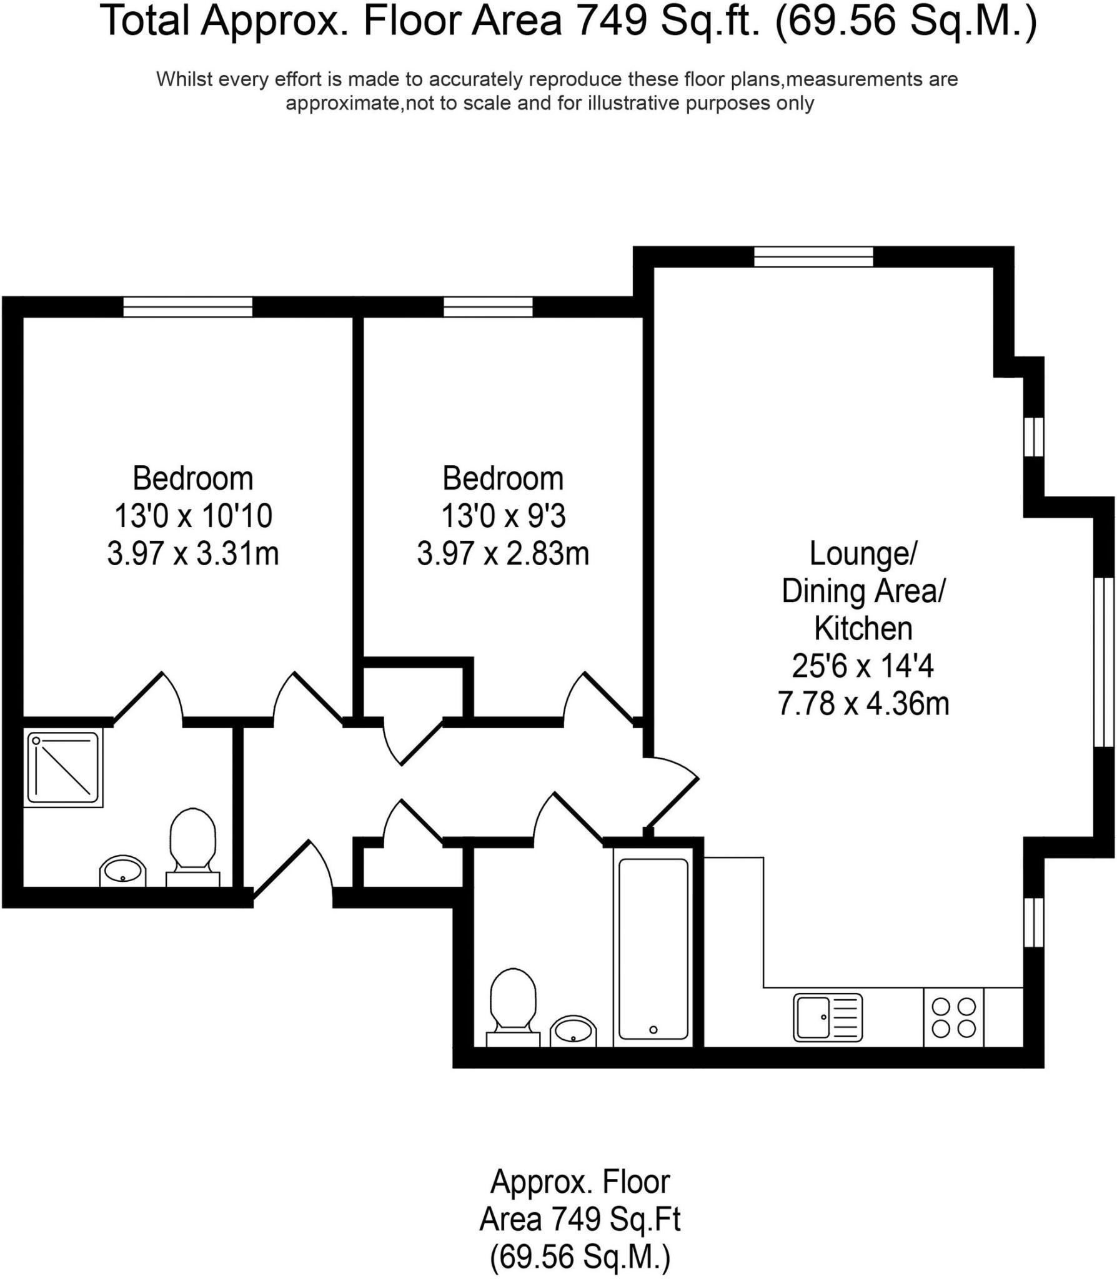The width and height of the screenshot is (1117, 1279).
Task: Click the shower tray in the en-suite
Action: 63,769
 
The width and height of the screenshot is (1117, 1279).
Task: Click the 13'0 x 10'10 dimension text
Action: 192,516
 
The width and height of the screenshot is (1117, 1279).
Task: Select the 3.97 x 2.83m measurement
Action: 503,554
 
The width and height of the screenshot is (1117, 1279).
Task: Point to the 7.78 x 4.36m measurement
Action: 863,704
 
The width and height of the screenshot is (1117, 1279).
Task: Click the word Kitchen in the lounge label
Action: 863,629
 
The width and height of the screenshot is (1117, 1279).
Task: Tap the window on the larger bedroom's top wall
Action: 187,307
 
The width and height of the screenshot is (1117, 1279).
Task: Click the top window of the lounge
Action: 813,257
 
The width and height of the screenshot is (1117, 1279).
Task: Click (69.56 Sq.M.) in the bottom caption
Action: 580,1256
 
